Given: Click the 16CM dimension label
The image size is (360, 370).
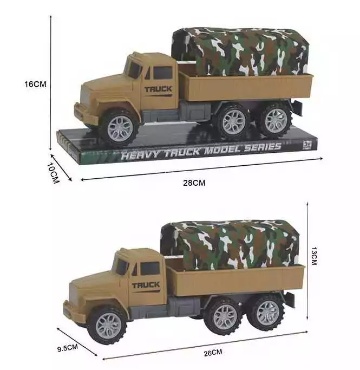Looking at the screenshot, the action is point(35,85).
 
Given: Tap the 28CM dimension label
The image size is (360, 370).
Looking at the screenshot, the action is point(194,183).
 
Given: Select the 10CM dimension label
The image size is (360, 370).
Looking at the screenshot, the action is point(53,173).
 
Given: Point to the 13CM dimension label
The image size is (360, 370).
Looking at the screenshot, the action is point(314,256).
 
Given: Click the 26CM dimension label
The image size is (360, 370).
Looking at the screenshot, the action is point(213,353).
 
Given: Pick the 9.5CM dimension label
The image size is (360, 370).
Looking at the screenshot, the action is point(68,348).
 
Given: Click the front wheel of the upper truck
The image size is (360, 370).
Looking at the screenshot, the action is point(120,128).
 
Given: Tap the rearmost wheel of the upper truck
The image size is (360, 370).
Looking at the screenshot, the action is point(276,121).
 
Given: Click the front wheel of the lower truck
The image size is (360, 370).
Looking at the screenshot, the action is point(108,326).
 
